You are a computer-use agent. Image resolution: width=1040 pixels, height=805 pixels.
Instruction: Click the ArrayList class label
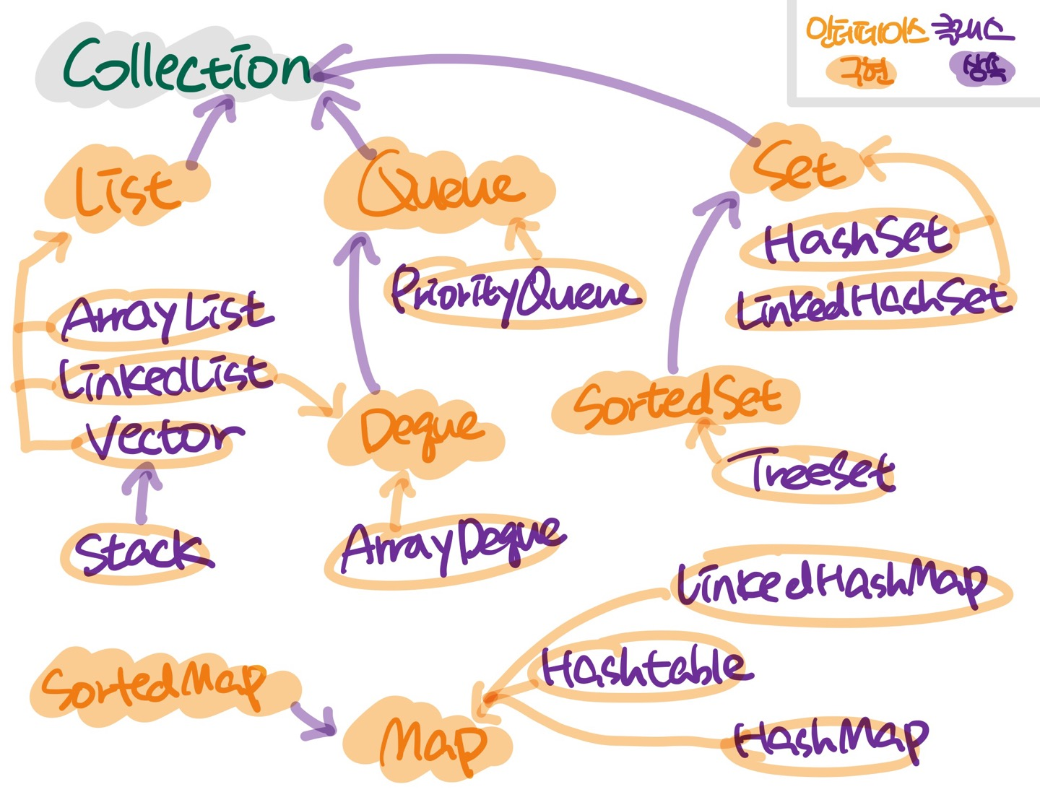(x=166, y=316)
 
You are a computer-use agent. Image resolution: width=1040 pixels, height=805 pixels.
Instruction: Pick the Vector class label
(x=162, y=437)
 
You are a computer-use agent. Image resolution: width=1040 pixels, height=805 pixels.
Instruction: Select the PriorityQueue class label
(x=514, y=292)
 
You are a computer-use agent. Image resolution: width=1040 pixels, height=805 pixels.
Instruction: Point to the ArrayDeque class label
(x=451, y=545)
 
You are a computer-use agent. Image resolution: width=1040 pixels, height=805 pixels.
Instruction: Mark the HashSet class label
(x=856, y=242)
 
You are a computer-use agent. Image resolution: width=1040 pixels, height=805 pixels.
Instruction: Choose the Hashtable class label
(x=643, y=668)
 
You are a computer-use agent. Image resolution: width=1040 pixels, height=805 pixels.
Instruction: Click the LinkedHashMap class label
(x=831, y=583)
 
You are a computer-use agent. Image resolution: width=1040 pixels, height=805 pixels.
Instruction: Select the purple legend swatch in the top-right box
(x=981, y=70)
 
